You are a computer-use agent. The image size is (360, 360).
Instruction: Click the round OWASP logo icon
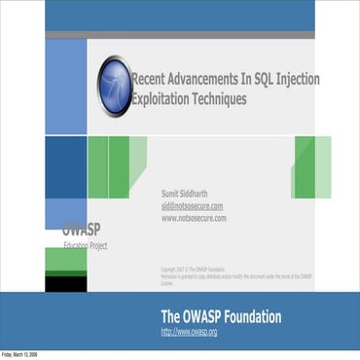[114, 86]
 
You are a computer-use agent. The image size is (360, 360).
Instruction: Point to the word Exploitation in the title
[162, 98]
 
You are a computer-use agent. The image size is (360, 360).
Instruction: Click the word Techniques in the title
[221, 98]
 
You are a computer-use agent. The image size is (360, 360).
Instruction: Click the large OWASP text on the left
[82, 231]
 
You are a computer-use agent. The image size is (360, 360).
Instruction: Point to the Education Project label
[86, 246]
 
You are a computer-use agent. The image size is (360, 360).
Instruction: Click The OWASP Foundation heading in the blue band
[221, 317]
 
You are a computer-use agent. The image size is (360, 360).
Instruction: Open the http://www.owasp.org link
[189, 333]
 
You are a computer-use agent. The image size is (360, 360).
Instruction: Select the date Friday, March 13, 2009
[19, 355]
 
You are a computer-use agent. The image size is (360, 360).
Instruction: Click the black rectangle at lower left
[65, 283]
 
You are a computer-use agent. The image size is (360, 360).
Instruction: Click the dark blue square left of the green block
[65, 167]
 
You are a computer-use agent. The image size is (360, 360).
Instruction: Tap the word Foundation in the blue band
[251, 317]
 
